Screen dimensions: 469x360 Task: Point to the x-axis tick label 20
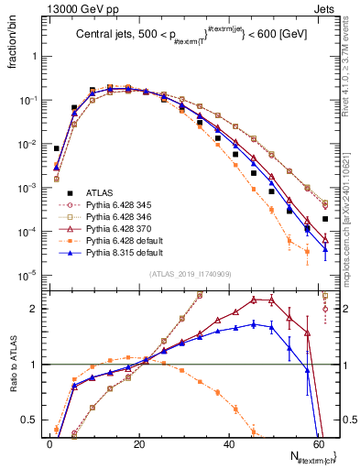pyautogui.click(x=138, y=443)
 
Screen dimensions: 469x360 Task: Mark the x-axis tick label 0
pyautogui.click(x=49, y=443)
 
